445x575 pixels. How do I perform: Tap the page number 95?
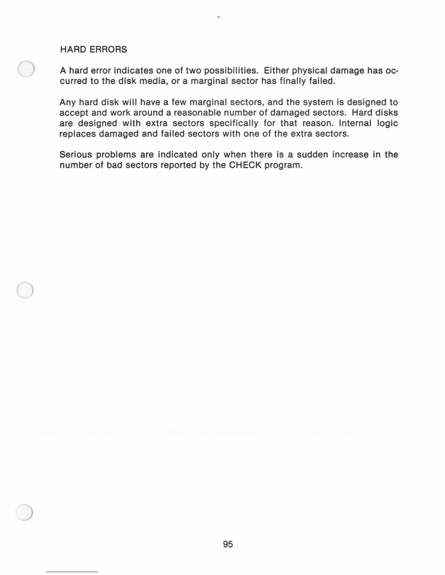228,544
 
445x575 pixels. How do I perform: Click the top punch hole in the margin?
26,69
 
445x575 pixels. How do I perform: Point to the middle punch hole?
25,290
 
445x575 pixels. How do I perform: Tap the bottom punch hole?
24,513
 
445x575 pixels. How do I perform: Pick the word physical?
309,70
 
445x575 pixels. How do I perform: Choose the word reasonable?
197,113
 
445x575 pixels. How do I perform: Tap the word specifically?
234,123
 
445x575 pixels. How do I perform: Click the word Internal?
355,123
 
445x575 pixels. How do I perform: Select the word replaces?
78,134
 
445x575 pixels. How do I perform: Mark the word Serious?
76,155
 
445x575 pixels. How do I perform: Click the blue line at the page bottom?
72,572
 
